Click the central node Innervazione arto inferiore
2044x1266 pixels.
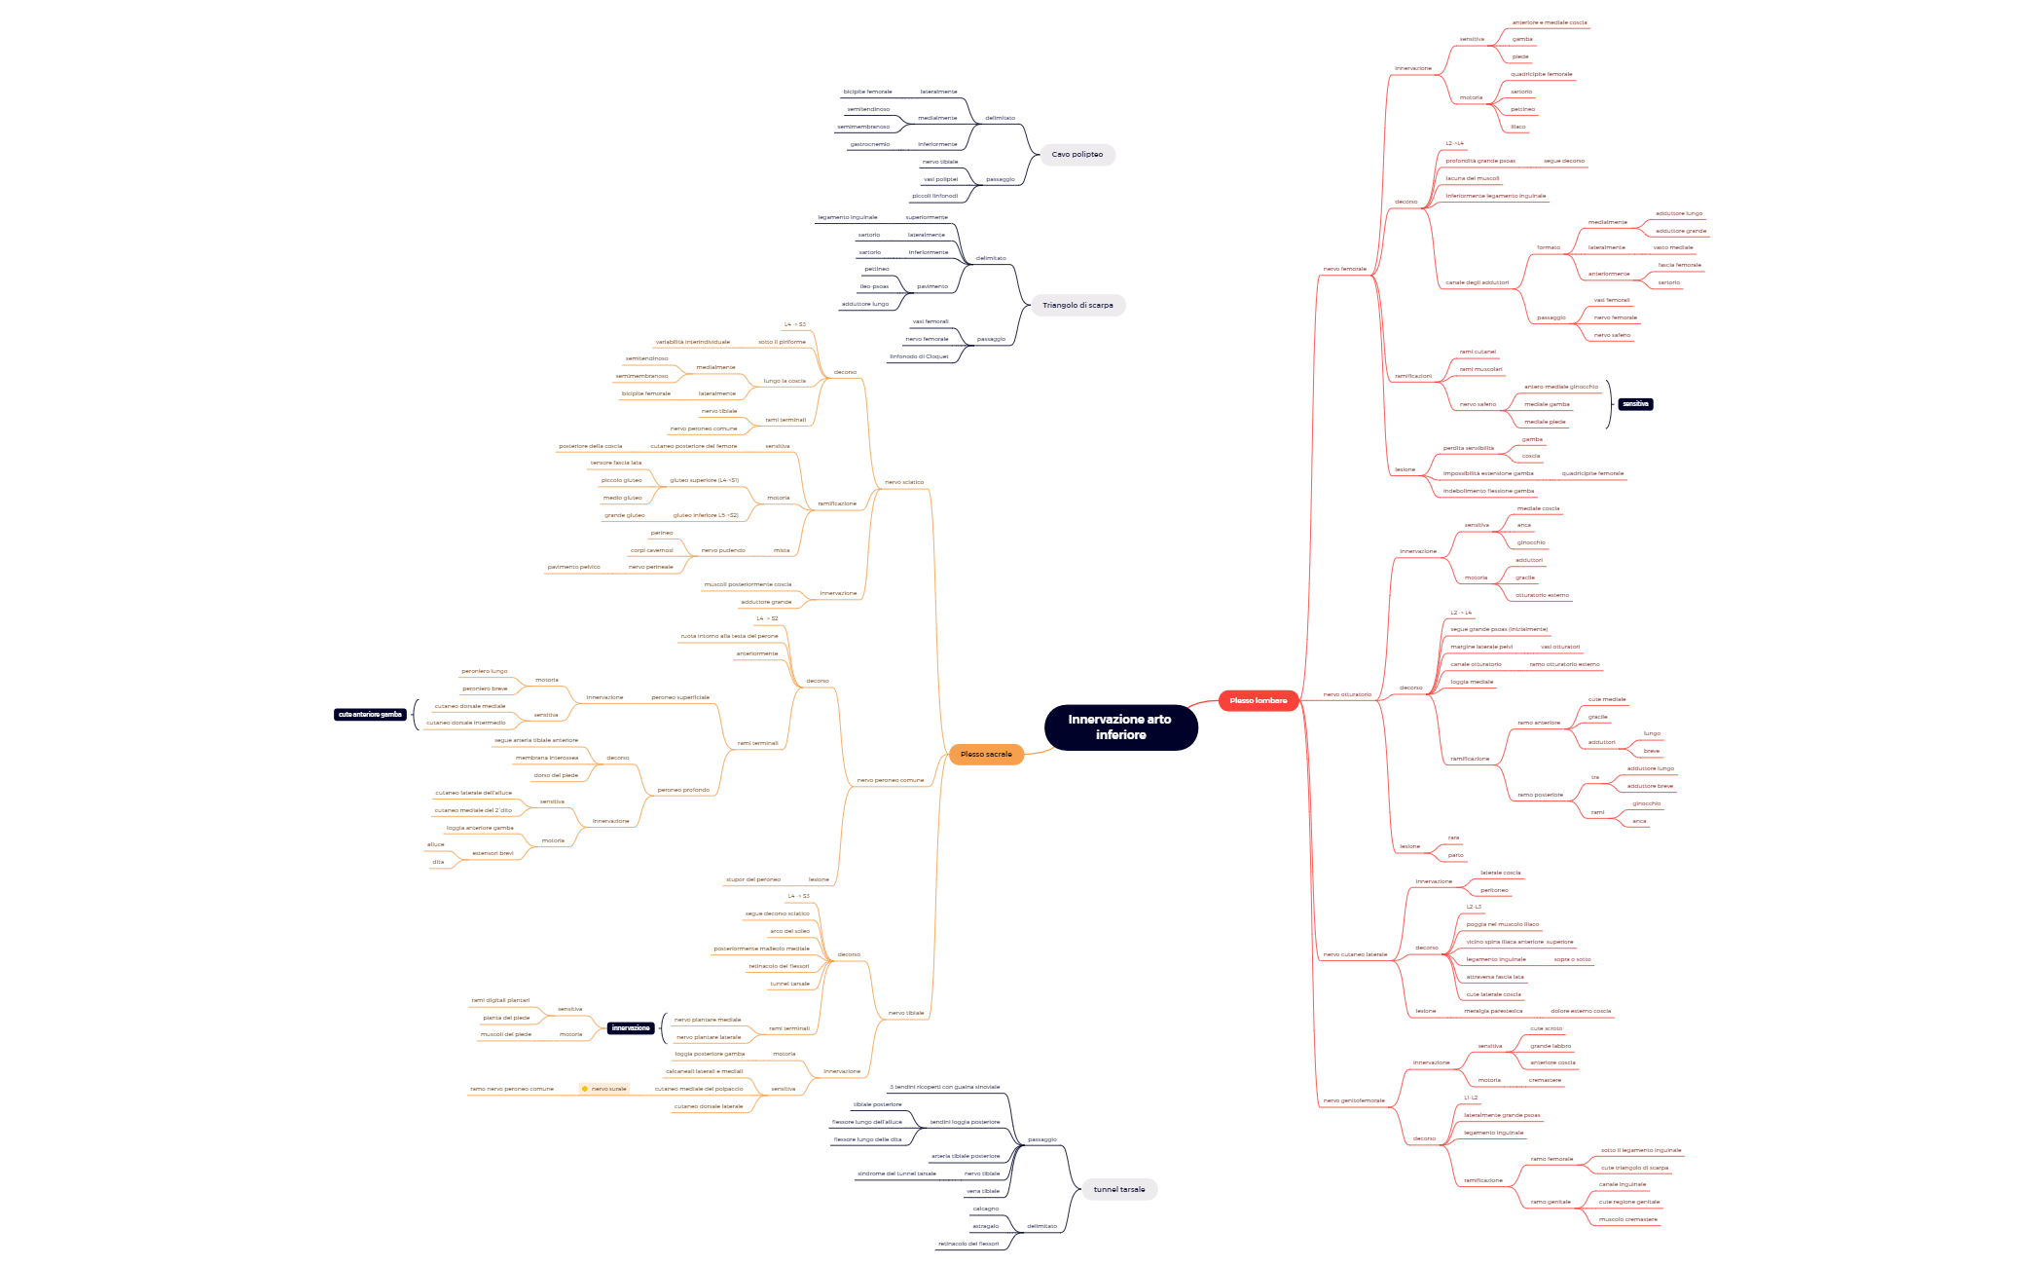click(1120, 727)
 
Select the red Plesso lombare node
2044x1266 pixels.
click(1258, 701)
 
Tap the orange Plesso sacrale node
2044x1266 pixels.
click(986, 755)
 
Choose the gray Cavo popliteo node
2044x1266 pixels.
click(1077, 155)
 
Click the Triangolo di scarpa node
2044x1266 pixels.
click(1077, 306)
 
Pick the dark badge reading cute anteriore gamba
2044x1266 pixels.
click(370, 715)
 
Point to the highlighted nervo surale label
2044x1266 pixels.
click(609, 1089)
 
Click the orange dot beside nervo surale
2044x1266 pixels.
click(584, 1089)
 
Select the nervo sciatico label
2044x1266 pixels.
click(904, 482)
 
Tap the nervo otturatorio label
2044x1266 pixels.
click(1347, 694)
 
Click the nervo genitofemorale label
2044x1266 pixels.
click(1353, 1100)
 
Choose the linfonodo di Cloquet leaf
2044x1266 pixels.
click(918, 356)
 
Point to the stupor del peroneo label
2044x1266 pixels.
click(753, 879)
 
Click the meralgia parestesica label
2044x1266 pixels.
click(1493, 1011)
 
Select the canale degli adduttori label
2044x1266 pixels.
click(1477, 282)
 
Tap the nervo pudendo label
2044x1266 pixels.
click(723, 550)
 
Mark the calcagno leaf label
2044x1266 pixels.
click(985, 1209)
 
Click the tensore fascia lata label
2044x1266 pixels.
click(616, 463)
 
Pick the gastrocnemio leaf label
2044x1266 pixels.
click(869, 144)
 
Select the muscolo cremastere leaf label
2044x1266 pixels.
click(1627, 1219)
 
